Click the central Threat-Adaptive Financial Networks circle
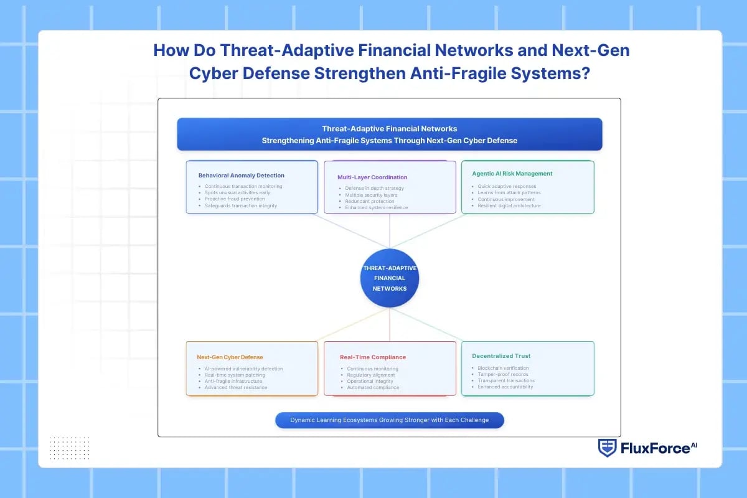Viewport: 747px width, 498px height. coord(390,278)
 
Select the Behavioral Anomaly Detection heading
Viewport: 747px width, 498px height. coord(241,176)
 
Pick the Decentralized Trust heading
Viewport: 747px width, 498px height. coord(500,356)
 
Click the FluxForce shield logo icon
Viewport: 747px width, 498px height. coord(607,448)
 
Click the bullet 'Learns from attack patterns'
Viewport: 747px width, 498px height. coord(510,193)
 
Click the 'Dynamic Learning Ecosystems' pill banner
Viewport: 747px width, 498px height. coord(390,420)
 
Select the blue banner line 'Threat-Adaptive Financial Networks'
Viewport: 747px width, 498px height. coord(390,129)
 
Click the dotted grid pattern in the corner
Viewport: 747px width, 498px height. coord(69,448)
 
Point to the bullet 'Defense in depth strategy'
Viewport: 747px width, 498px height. coord(374,188)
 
